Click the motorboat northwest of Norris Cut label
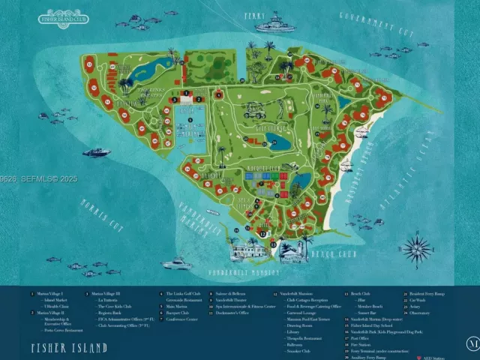tap(96, 152)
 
